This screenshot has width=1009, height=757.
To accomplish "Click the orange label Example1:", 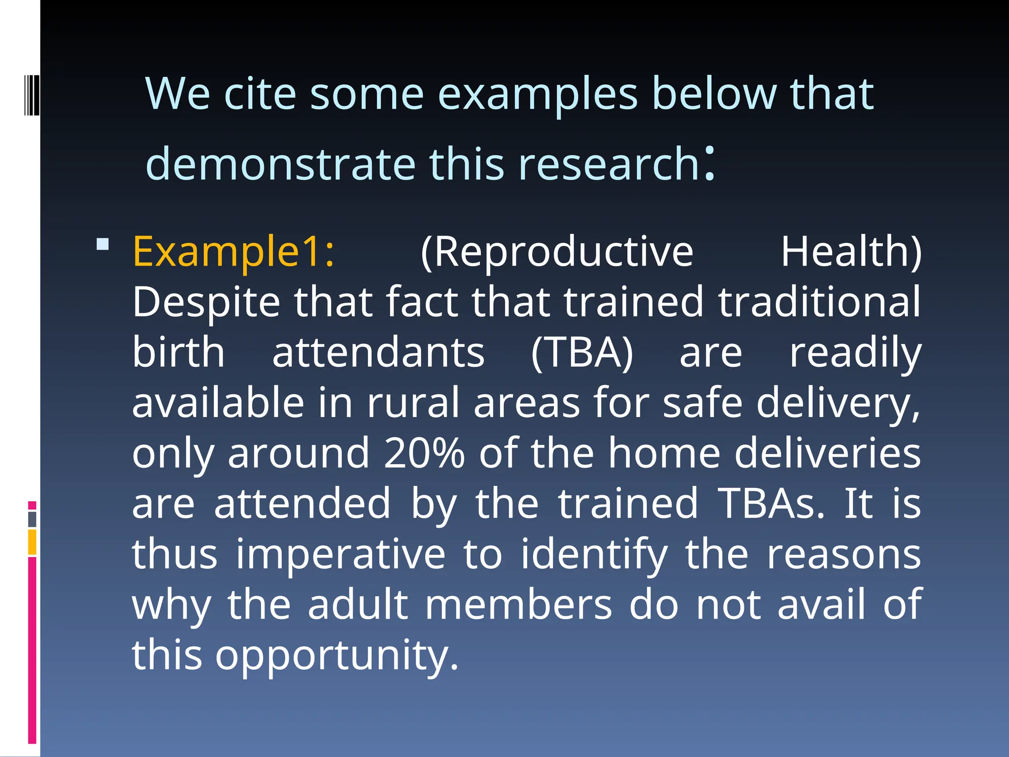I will tap(234, 252).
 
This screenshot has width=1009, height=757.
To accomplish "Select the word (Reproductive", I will tap(557, 252).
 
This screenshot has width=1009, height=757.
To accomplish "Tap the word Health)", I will tap(851, 252).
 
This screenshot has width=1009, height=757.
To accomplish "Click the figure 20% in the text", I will tap(424, 453).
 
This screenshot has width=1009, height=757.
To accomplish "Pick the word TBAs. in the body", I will tap(771, 504).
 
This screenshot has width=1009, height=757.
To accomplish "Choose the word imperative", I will tap(340, 555).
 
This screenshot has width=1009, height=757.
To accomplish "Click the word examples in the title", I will tap(538, 94).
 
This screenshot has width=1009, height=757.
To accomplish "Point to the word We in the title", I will tap(178, 94).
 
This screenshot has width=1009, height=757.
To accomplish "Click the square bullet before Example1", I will tap(102, 244).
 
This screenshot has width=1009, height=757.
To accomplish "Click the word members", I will tap(519, 605).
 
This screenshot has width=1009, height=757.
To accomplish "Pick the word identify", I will tap(594, 555).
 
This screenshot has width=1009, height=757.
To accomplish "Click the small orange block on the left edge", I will tap(32, 542).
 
